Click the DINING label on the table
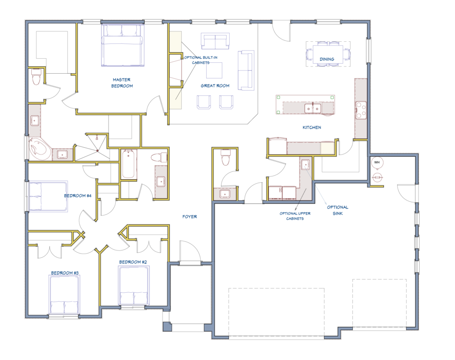pyautogui.click(x=327, y=59)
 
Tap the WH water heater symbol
pyautogui.click(x=377, y=162)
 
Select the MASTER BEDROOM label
pyautogui.click(x=122, y=83)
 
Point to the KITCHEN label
pyautogui.click(x=312, y=128)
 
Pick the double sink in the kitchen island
pyautogui.click(x=313, y=108)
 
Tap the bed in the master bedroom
pyautogui.click(x=123, y=45)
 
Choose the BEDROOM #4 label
pyautogui.click(x=78, y=196)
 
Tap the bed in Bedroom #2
pyautogui.click(x=134, y=285)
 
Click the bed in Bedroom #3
pyautogui.click(x=64, y=294)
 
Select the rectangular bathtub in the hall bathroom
pyautogui.click(x=129, y=164)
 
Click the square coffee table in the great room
pyautogui.click(x=214, y=70)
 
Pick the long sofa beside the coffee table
pyautogui.click(x=246, y=70)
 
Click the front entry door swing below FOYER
pyautogui.click(x=190, y=253)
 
